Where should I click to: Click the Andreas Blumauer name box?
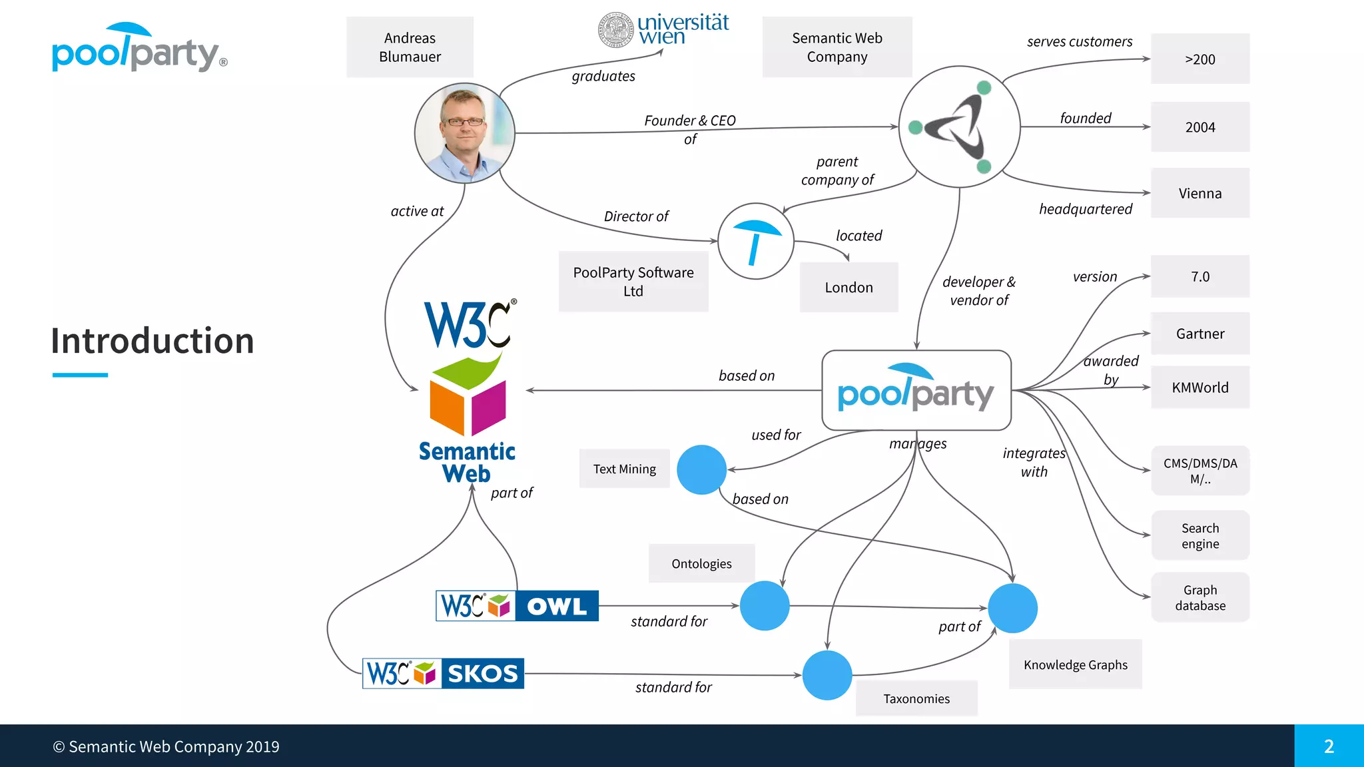(x=410, y=47)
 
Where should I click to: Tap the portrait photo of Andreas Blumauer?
(x=464, y=133)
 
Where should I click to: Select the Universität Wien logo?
(x=663, y=31)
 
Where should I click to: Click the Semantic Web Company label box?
(x=837, y=47)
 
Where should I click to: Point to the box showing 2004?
(x=1199, y=127)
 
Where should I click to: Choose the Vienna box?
(x=1199, y=193)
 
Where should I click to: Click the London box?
(x=849, y=287)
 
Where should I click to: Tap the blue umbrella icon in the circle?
(x=756, y=241)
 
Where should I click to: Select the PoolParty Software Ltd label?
(x=633, y=282)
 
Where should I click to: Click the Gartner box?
(x=1199, y=334)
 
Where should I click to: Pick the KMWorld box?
(x=1199, y=387)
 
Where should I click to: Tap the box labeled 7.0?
(x=1199, y=276)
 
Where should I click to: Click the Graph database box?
(x=1199, y=597)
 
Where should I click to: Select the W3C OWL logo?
(x=517, y=606)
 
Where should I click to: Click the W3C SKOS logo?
(x=443, y=673)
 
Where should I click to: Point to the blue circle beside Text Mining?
(x=701, y=469)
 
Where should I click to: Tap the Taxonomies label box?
(x=916, y=698)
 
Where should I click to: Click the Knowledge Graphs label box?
(x=1075, y=664)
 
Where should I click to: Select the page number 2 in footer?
(x=1329, y=746)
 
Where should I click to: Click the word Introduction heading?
(x=153, y=341)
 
